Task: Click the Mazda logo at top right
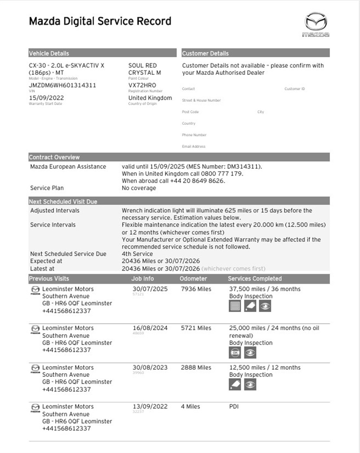click(x=315, y=24)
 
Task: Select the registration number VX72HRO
click(x=142, y=85)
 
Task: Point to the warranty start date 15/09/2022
click(x=46, y=98)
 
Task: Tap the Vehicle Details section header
click(x=49, y=53)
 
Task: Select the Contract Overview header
click(x=54, y=157)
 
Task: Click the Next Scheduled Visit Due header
click(x=63, y=202)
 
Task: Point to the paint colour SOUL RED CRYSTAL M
click(x=144, y=69)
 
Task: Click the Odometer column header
click(x=193, y=279)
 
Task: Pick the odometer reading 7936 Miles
click(x=196, y=289)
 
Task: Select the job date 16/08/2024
click(x=150, y=328)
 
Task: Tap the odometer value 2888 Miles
click(x=196, y=367)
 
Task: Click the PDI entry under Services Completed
click(x=234, y=407)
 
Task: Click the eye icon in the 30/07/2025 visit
click(x=265, y=307)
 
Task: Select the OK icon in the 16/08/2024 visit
click(x=235, y=353)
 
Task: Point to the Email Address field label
click(x=193, y=146)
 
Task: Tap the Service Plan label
click(x=47, y=188)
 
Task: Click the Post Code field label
click(x=190, y=112)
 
